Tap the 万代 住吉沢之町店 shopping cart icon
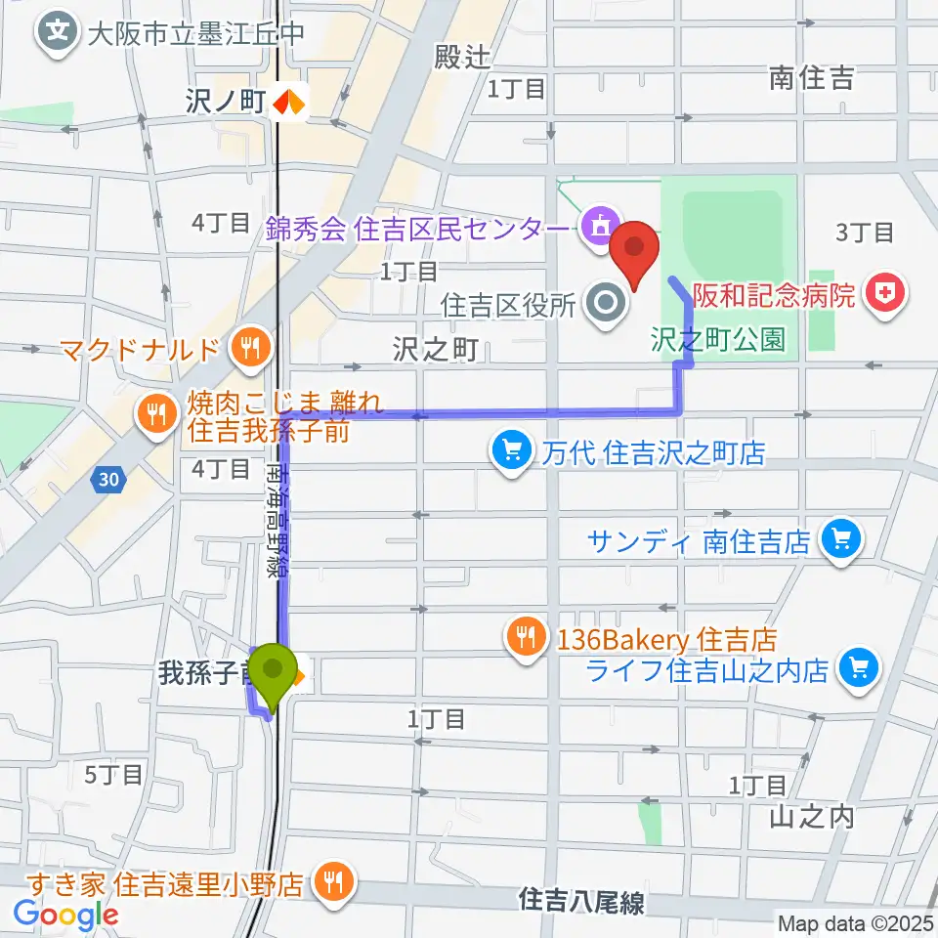511,451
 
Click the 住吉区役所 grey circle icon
607,304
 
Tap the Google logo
65,915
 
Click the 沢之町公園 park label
718,339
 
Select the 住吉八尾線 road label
581,901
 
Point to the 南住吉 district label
811,79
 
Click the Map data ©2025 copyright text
855,921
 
